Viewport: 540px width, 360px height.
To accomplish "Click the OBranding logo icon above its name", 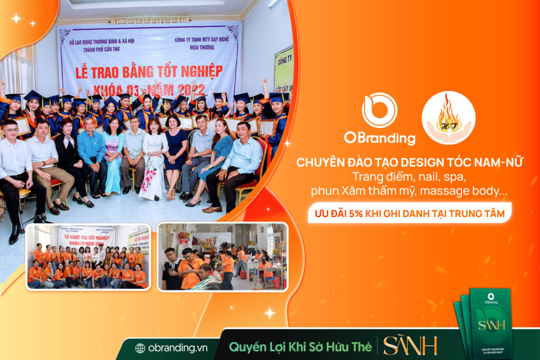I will pyautogui.click(x=379, y=110).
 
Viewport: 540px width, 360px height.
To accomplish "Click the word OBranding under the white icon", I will pyautogui.click(x=380, y=138).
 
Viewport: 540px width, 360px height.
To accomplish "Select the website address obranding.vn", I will pyautogui.click(x=173, y=348).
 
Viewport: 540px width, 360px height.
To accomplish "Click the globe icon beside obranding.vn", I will pyautogui.click(x=140, y=348).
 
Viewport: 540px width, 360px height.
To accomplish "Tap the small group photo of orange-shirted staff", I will pyautogui.click(x=88, y=257).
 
